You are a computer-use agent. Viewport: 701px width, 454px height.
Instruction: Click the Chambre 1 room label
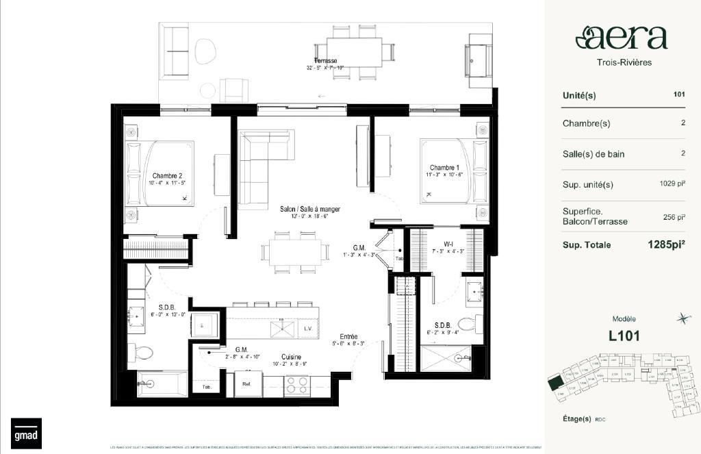pos(444,168)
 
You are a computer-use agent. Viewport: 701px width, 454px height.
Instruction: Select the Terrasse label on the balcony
pos(326,61)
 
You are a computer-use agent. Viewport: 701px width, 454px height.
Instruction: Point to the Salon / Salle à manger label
pos(309,209)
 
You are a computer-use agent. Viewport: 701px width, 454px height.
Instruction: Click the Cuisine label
pos(292,357)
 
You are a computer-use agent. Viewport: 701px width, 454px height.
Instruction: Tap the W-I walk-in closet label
pos(448,242)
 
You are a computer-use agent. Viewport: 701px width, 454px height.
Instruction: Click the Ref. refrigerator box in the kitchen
pos(247,385)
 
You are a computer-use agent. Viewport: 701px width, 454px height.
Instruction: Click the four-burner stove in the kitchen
pos(296,385)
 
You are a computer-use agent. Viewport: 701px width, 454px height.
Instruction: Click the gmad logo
pos(25,433)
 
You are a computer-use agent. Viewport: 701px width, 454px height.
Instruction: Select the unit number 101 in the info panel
pos(678,94)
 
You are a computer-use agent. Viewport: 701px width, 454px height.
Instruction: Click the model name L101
pos(624,336)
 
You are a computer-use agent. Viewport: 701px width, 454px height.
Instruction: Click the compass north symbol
pos(682,318)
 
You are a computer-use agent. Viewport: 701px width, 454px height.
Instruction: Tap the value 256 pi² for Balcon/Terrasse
pos(674,217)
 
